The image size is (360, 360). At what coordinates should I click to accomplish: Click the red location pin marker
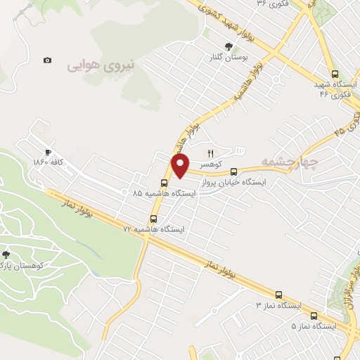tap(181, 166)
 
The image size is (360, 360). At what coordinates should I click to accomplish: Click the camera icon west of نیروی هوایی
tap(47, 60)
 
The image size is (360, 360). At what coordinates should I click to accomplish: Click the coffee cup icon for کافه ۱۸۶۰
tap(48, 152)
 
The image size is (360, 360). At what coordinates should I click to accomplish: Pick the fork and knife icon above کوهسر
tap(210, 153)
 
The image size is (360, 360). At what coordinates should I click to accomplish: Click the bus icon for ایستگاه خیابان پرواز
tap(234, 171)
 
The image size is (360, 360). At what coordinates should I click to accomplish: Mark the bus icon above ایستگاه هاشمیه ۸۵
tap(165, 183)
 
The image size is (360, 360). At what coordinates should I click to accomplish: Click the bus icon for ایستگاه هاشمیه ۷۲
tap(154, 219)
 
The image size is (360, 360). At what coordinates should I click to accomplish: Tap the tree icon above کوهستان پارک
tap(6, 255)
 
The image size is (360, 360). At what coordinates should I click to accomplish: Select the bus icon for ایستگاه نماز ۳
tap(279, 295)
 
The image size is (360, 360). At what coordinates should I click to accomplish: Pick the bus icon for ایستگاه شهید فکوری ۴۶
tap(334, 73)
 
